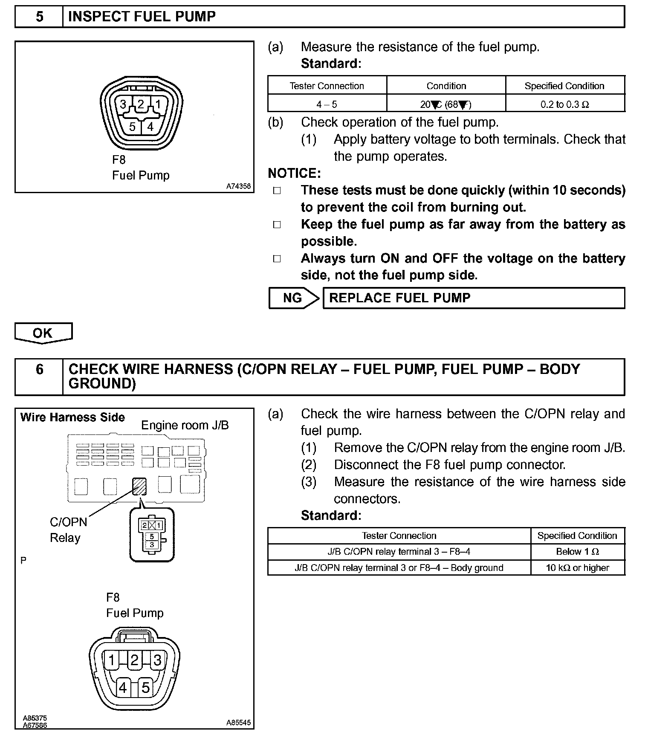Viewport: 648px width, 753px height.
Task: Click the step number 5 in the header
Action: click(x=39, y=17)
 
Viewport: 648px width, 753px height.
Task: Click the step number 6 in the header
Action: click(x=39, y=369)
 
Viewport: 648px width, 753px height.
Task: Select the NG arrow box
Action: click(x=293, y=298)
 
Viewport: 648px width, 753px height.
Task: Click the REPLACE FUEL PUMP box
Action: click(x=473, y=298)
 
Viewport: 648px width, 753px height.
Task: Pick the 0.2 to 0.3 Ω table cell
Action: click(x=565, y=104)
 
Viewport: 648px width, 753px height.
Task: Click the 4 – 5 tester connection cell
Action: click(x=327, y=104)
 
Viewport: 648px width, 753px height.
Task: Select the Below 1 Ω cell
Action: click(x=578, y=552)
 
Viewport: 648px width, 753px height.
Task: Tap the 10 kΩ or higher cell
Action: click(x=578, y=568)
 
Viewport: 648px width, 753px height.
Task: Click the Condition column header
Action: click(x=446, y=86)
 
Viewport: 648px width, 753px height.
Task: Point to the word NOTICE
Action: click(x=294, y=174)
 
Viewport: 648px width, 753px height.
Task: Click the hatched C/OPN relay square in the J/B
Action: click(x=139, y=486)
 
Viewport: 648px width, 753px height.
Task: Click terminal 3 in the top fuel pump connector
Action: click(x=123, y=104)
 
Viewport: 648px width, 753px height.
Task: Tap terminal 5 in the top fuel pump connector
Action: click(x=132, y=127)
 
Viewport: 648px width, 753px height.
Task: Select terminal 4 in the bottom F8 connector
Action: click(x=123, y=687)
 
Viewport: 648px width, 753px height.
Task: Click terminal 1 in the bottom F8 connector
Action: click(x=111, y=660)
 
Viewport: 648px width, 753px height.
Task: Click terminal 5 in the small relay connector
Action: click(x=152, y=536)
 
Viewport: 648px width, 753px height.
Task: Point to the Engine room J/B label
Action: click(x=185, y=425)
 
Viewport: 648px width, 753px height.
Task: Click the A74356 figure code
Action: click(x=238, y=186)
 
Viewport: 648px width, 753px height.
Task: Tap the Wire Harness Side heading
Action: click(x=72, y=417)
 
